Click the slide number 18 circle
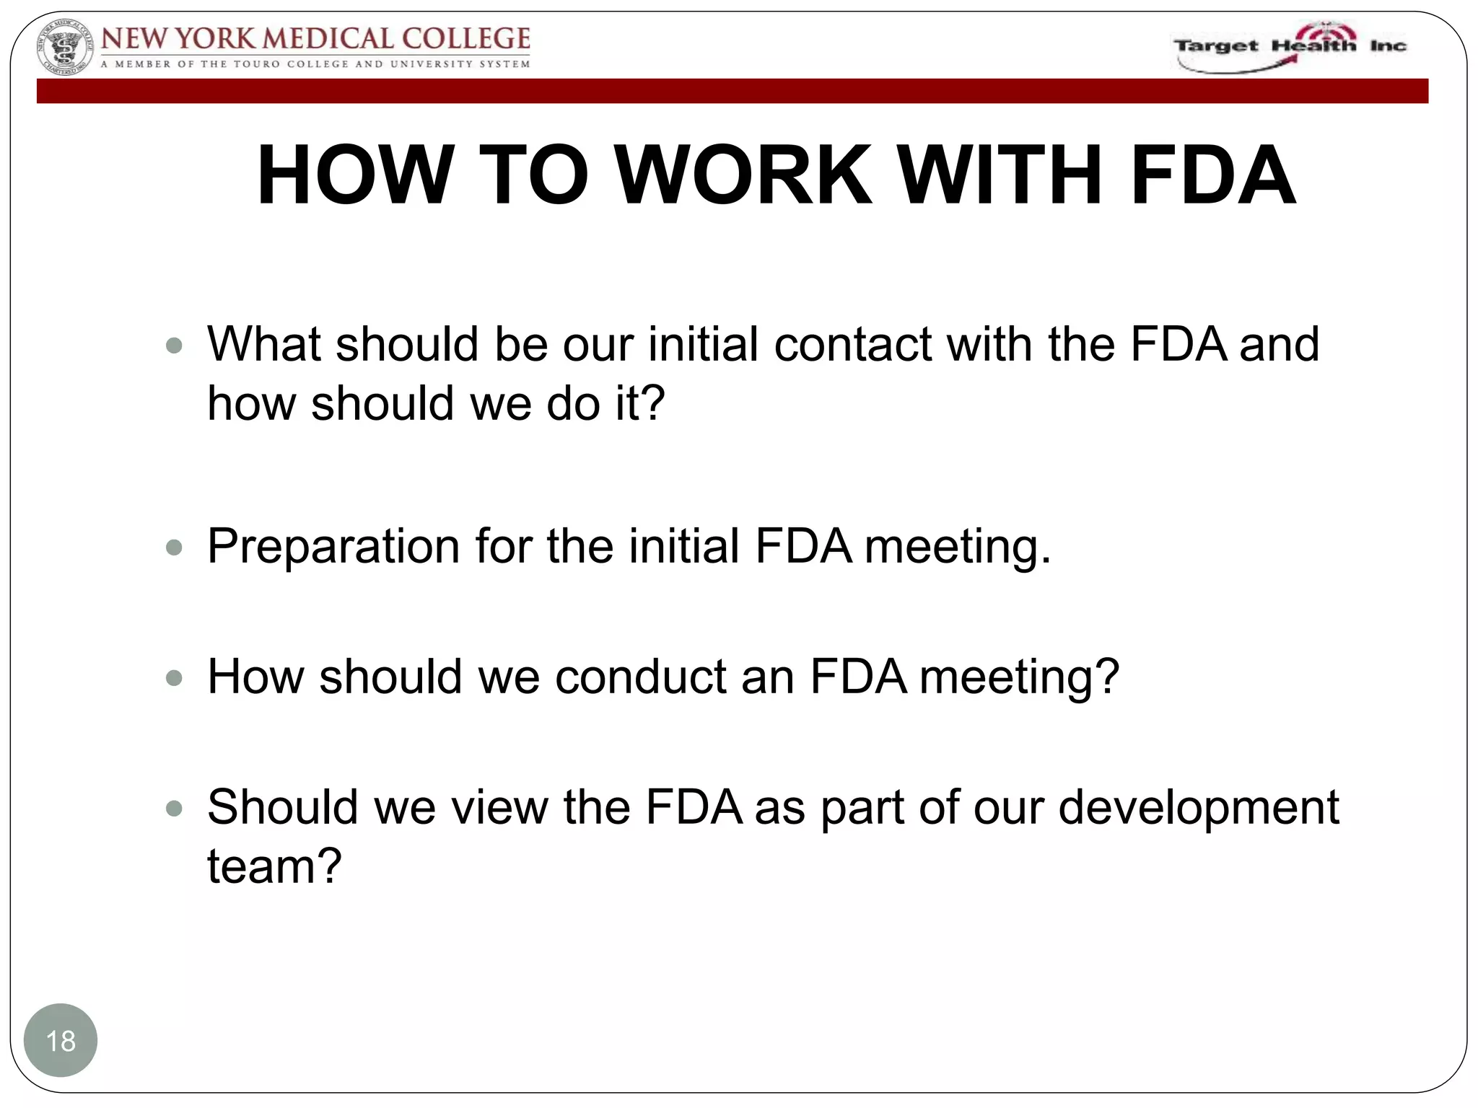click(x=61, y=1040)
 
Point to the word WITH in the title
click(x=1001, y=175)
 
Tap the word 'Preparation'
click(x=333, y=546)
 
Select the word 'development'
click(x=1198, y=807)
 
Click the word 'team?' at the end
click(x=274, y=866)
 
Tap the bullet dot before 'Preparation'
click(x=174, y=548)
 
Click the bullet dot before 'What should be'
click(x=174, y=346)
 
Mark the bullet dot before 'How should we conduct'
click(x=174, y=678)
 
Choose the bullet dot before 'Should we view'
click(x=174, y=809)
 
